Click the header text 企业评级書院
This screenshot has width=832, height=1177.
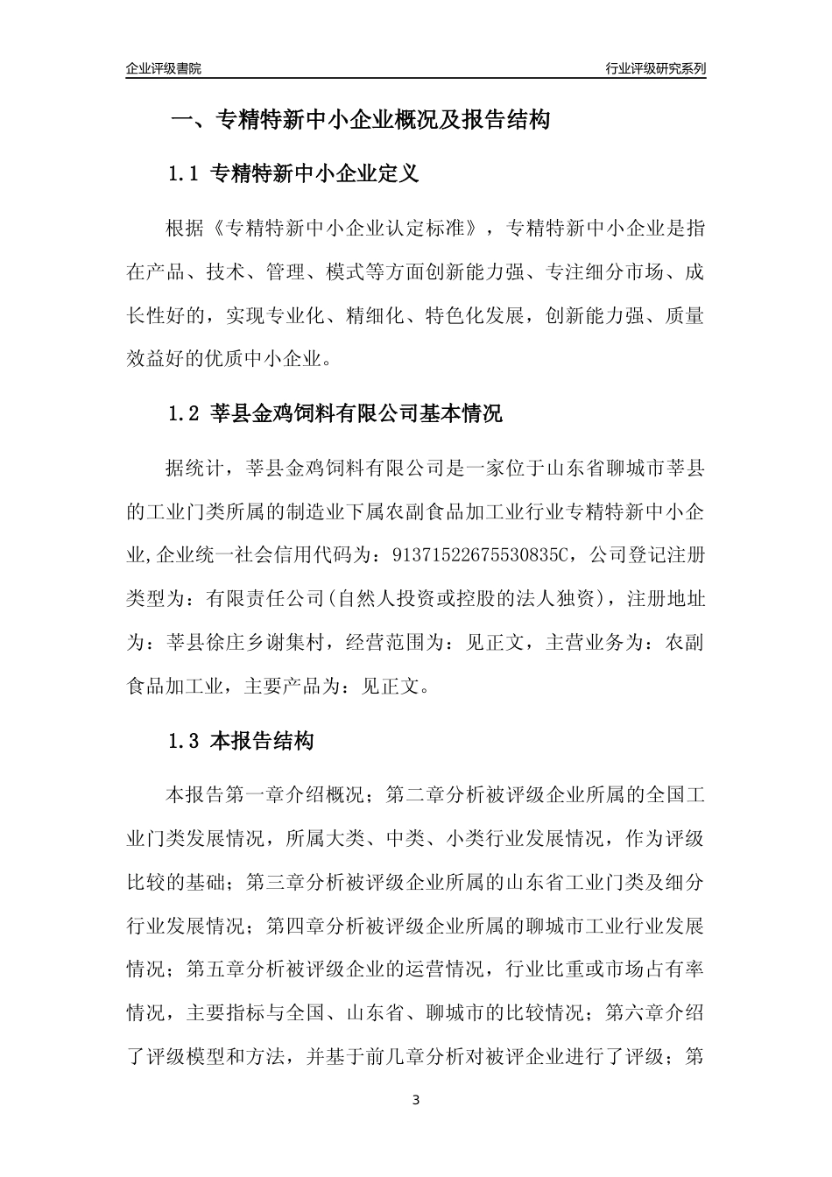pos(164,68)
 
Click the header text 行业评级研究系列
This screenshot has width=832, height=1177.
pos(655,68)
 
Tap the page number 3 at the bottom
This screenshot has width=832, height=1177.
pos(416,1099)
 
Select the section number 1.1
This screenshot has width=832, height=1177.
pos(185,173)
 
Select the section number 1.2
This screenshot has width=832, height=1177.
pos(185,413)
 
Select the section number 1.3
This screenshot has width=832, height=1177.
pos(185,741)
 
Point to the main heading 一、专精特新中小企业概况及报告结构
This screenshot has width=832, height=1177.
pos(359,120)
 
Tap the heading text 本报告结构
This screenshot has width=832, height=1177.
pos(262,741)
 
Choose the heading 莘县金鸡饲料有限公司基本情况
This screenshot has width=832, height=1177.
pos(356,413)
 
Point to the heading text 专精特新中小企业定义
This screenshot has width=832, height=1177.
pos(315,173)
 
